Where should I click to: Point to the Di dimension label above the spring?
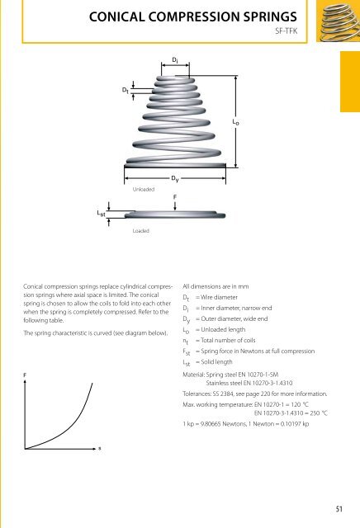click(x=175, y=60)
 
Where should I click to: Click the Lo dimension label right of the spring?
click(x=237, y=123)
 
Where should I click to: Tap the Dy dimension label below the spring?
click(x=175, y=178)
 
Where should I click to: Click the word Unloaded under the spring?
click(x=144, y=189)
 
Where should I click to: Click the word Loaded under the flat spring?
click(x=140, y=232)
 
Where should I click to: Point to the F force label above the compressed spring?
click(x=176, y=196)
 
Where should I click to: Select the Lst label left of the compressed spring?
click(x=101, y=214)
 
